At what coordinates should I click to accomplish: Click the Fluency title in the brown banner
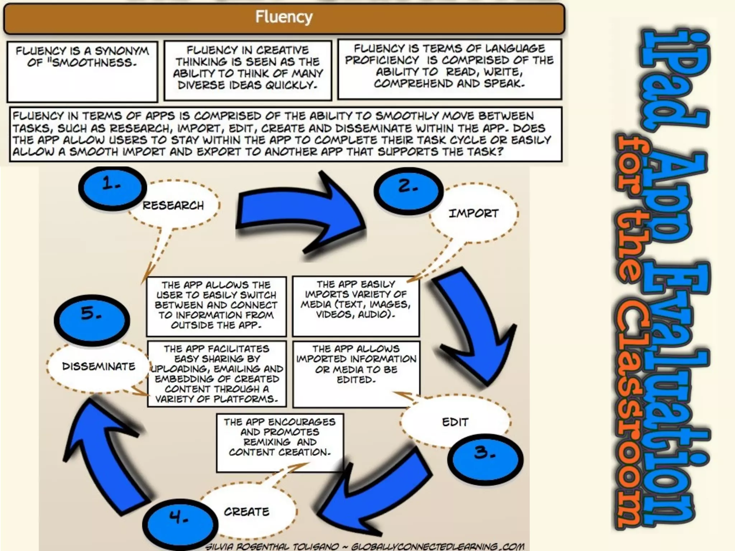coord(284,17)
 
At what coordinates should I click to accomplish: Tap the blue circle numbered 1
coord(112,187)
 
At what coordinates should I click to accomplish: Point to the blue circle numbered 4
coord(180,523)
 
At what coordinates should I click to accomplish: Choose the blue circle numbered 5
coord(92,319)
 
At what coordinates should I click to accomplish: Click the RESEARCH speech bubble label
coord(173,206)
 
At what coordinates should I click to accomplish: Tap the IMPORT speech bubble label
coord(473,213)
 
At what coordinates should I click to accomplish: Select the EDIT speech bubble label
coord(455,422)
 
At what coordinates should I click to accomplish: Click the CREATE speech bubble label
coord(247,512)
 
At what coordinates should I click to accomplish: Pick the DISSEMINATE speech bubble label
coord(99,366)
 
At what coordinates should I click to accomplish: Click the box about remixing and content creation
coord(280,442)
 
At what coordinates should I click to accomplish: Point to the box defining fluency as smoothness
coord(82,71)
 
